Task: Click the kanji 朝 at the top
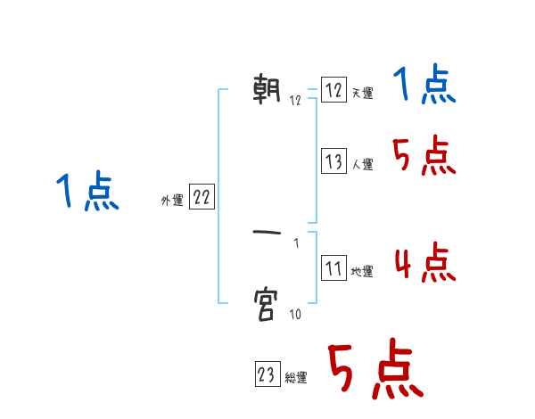point(267,90)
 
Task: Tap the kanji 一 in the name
point(267,234)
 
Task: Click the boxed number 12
point(333,91)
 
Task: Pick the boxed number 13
point(333,161)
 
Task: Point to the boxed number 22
point(202,198)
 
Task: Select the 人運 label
point(362,164)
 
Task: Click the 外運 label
point(171,201)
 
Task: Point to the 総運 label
point(296,378)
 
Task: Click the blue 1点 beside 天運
point(424,86)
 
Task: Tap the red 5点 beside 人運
point(424,157)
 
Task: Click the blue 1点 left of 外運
point(86,192)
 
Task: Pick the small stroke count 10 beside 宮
point(295,314)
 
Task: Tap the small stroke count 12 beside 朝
point(295,101)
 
